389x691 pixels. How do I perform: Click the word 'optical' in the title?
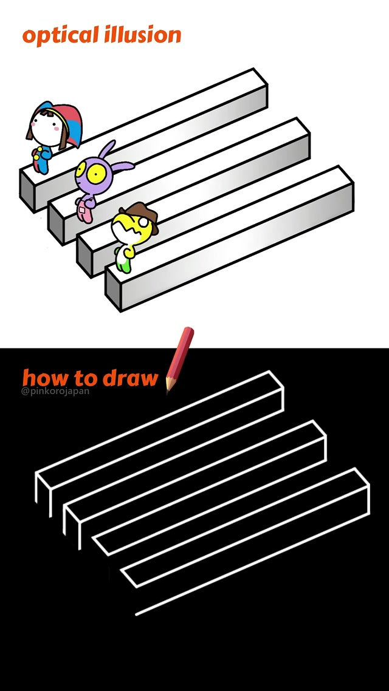coord(60,36)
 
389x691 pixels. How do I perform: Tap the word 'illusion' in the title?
coord(143,35)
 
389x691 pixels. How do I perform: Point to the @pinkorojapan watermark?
coord(55,391)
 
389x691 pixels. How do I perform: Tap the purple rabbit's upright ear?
coord(107,149)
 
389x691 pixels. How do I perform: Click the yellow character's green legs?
coord(123,264)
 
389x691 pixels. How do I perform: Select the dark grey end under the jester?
coord(27,191)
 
